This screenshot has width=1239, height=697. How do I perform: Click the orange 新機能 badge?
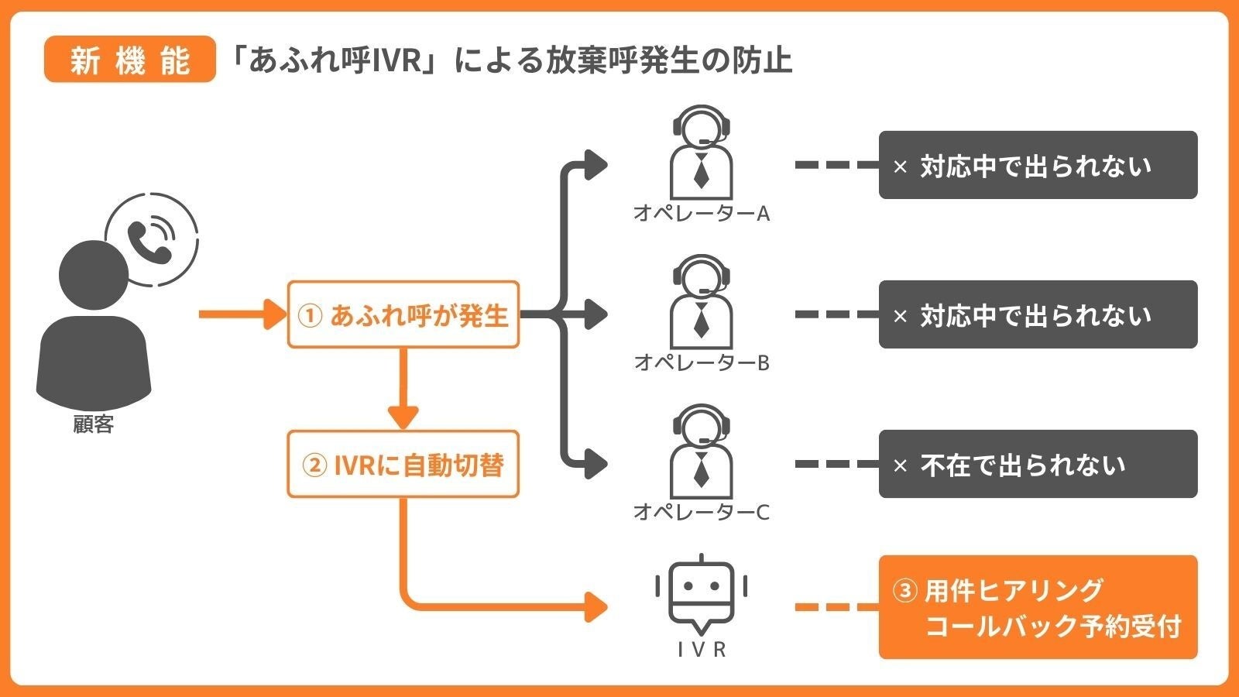[x=129, y=60]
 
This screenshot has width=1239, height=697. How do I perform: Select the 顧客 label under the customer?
[x=94, y=424]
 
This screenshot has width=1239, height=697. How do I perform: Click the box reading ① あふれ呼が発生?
[x=403, y=314]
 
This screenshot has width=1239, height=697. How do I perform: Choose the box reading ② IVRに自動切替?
[x=403, y=465]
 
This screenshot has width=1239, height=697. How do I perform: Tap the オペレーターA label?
[x=701, y=214]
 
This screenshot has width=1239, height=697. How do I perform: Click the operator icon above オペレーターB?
[x=701, y=302]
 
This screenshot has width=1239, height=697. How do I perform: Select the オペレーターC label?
[x=701, y=513]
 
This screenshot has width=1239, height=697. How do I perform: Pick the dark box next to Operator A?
[x=1038, y=165]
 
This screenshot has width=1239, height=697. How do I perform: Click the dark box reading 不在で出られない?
[x=1038, y=464]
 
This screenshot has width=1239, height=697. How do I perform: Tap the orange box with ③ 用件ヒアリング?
[x=1038, y=607]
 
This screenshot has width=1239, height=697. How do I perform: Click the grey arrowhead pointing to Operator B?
[x=596, y=314]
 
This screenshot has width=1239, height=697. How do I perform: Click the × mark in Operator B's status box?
[x=900, y=316]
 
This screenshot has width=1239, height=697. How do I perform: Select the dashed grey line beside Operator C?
[x=836, y=464]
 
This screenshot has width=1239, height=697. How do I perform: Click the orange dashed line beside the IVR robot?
[x=836, y=607]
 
